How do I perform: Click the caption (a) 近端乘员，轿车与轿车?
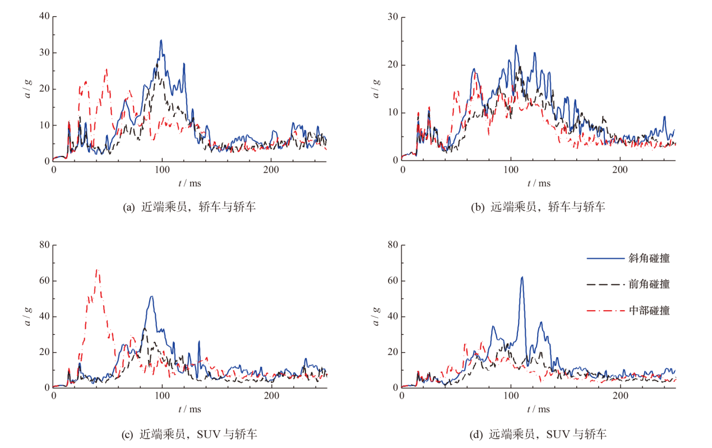point(189,207)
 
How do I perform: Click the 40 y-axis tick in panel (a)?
point(44,17)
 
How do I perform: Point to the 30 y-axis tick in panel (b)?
point(393,17)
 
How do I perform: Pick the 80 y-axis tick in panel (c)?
point(44,244)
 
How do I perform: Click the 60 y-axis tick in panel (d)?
point(393,280)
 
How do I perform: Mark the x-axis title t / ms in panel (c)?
point(189,409)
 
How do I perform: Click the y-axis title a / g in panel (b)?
point(377,88)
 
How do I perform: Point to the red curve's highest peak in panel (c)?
point(97,270)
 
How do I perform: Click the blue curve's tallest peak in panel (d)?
point(522,277)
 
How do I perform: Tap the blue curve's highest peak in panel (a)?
point(161,40)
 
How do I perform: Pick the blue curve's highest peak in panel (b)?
point(516,45)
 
